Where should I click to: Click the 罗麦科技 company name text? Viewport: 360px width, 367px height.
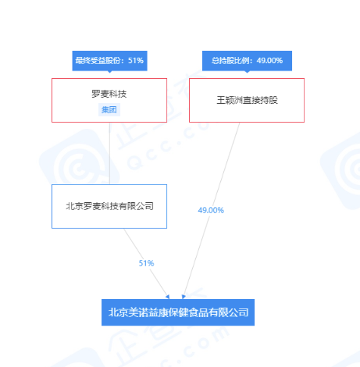(x=109, y=94)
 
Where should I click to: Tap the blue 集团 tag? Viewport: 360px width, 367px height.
(x=109, y=109)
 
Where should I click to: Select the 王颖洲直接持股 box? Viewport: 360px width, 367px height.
(x=247, y=100)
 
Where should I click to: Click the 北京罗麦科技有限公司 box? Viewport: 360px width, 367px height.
(x=109, y=206)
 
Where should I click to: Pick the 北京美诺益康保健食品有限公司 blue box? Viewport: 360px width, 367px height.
(x=178, y=312)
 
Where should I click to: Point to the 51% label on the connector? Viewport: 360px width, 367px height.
(x=146, y=263)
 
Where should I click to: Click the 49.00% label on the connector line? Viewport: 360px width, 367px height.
(x=211, y=210)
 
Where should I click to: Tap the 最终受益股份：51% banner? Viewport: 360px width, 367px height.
(x=109, y=61)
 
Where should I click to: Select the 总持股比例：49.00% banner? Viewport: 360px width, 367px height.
(x=247, y=61)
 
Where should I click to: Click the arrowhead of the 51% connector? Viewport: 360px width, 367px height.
(x=168, y=297)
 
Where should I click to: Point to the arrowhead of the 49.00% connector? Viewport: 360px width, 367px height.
(x=184, y=297)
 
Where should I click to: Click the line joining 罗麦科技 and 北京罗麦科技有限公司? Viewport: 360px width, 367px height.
(x=109, y=153)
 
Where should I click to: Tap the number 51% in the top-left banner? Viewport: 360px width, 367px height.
(x=136, y=61)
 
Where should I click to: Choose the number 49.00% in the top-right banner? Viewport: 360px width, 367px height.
(x=269, y=61)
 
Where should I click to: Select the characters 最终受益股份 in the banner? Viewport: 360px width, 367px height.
(x=98, y=61)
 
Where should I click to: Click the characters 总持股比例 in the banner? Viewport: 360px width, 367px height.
(x=230, y=61)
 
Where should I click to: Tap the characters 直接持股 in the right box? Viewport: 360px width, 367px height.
(x=260, y=100)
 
